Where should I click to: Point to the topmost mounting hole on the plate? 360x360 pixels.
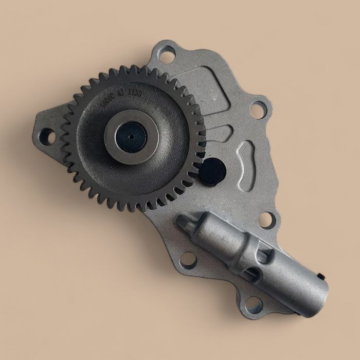(x=166, y=55)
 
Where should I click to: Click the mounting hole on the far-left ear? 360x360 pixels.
(x=47, y=136)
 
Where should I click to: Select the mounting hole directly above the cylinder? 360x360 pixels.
(x=266, y=220)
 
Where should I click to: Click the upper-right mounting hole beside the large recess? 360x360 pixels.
(x=258, y=110)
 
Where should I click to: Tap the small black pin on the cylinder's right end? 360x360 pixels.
(x=321, y=276)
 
